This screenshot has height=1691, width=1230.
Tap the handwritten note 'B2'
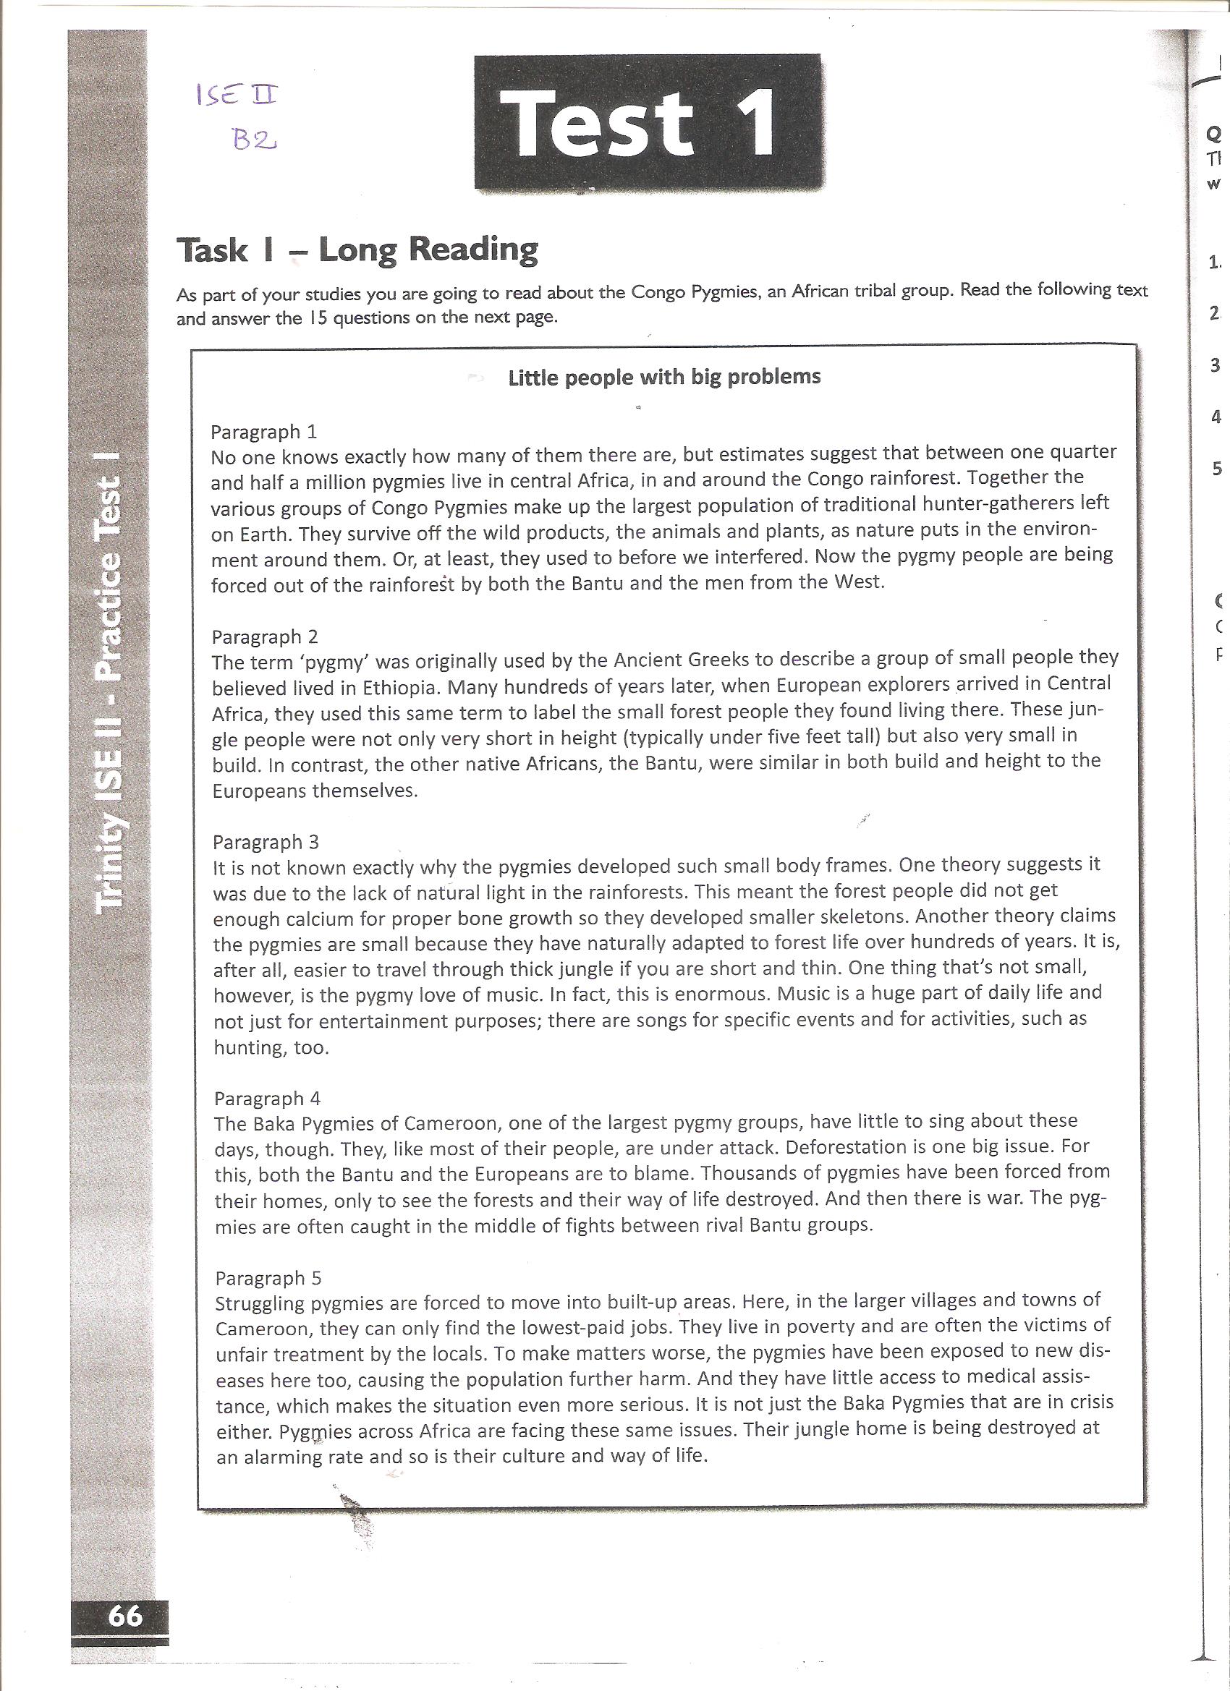pos(255,140)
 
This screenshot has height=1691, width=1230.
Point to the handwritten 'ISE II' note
pos(237,95)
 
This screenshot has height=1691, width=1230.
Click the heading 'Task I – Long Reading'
pos(357,250)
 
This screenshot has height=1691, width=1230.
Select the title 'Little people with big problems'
pos(664,377)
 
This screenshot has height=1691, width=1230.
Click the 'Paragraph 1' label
pos(264,432)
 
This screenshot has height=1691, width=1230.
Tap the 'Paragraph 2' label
pos(265,636)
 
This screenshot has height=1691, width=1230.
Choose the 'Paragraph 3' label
pos(266,842)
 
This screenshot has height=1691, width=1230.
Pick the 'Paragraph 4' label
pos(267,1098)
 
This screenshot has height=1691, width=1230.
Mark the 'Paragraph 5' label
pos(268,1278)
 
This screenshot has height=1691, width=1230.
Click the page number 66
pos(125,1615)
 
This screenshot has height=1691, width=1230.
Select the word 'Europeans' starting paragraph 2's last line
pos(260,791)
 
